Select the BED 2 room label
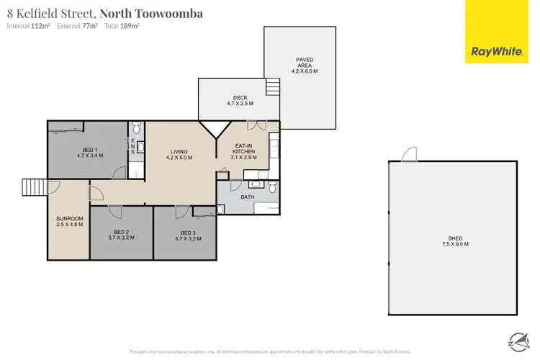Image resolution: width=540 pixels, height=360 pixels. click(x=121, y=235)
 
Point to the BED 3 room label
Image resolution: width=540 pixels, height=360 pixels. click(x=187, y=235)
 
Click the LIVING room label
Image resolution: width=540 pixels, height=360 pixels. click(x=179, y=154)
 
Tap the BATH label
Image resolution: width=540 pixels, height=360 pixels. click(x=248, y=197)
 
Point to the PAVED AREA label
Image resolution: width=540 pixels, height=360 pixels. click(x=304, y=65)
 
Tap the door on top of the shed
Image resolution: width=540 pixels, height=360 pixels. click(x=409, y=154)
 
